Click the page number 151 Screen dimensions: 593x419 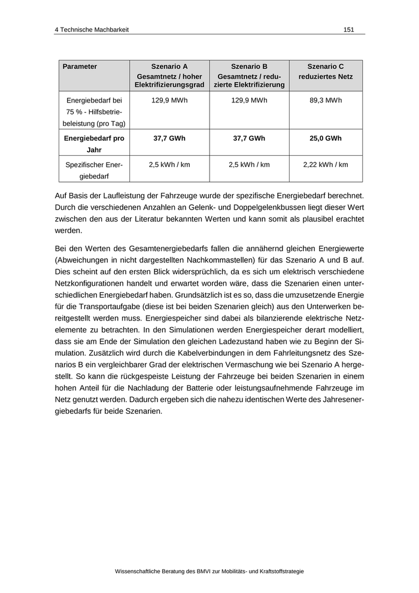click(349, 29)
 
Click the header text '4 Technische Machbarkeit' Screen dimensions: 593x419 click(92, 29)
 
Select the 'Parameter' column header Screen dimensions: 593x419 click(80, 66)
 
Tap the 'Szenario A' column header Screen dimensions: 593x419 click(169, 66)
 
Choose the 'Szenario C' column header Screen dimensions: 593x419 click(326, 66)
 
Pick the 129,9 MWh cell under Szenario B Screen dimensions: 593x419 click(249, 100)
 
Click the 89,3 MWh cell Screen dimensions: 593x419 click(326, 100)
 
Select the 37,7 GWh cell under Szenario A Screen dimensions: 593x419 click(169, 138)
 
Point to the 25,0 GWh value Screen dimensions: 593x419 click(326, 138)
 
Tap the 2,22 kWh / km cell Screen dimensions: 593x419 click(326, 164)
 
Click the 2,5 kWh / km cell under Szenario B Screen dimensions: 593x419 click(249, 164)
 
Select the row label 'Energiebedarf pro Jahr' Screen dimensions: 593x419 click(94, 144)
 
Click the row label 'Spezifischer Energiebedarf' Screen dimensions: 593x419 click(94, 170)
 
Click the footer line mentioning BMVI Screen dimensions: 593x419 click(209, 571)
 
